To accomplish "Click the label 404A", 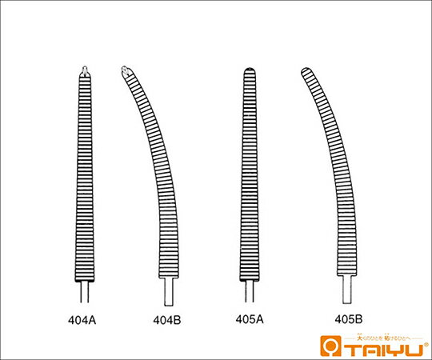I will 82,320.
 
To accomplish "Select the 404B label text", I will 167,320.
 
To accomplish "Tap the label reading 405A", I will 250,319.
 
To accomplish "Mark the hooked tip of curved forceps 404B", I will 126,72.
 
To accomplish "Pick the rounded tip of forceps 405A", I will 250,73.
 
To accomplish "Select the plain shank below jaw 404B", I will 169,289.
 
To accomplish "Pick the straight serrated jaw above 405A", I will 250,176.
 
